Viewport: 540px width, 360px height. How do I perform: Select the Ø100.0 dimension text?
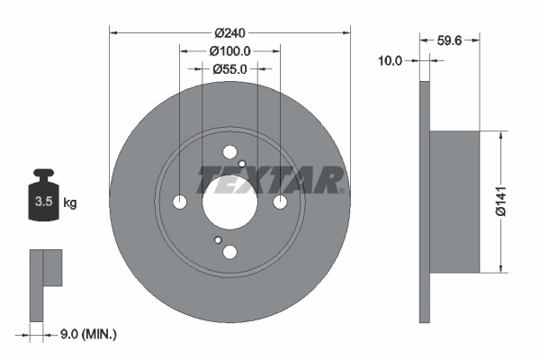229,51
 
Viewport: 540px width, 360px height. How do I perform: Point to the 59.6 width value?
449,40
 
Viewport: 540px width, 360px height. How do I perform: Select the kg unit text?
69,202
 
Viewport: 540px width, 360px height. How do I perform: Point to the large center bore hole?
229,201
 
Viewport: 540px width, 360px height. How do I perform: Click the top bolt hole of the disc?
229,151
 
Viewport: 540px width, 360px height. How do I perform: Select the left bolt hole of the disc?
180,201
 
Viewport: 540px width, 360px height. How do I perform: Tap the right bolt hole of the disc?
280,201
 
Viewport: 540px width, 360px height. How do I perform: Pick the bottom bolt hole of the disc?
229,252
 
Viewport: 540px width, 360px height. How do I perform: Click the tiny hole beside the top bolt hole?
242,163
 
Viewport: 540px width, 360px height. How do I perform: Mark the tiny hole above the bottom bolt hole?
218,239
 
